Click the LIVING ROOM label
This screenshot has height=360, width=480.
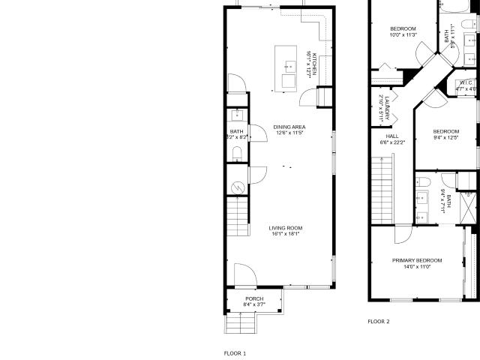287,207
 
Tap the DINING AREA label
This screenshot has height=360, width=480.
288,127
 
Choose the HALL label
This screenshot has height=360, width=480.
382,136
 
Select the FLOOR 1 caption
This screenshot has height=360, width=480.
235,331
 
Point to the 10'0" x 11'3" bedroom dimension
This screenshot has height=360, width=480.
402,35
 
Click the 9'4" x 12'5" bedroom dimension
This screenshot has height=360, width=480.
445,137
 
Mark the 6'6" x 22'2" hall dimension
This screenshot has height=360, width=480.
382,142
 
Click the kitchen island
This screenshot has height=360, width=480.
287,68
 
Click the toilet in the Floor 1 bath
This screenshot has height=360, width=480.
237,154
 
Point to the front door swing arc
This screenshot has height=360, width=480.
244,274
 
